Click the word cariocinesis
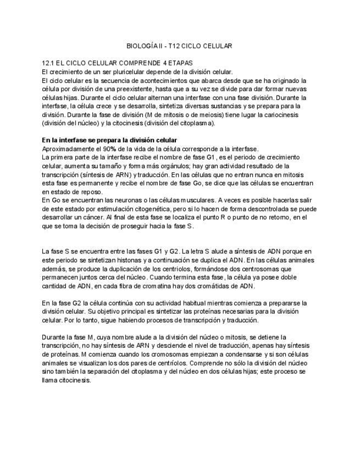pyautogui.click(x=293, y=114)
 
